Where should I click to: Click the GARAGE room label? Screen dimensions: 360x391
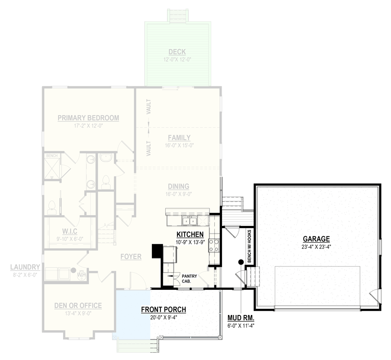[x=316, y=239]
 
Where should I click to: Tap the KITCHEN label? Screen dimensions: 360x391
[x=190, y=234]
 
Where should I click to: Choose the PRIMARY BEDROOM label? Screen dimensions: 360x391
[x=88, y=118]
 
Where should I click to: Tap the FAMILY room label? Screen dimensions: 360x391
[x=179, y=138]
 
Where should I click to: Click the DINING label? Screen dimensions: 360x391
[x=178, y=186]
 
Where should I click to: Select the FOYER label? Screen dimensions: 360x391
[x=131, y=256]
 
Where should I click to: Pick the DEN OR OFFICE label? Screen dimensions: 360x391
[x=78, y=306]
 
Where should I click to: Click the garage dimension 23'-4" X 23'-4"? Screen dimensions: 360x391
[x=316, y=247]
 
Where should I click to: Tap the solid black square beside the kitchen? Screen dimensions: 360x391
[x=157, y=251]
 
